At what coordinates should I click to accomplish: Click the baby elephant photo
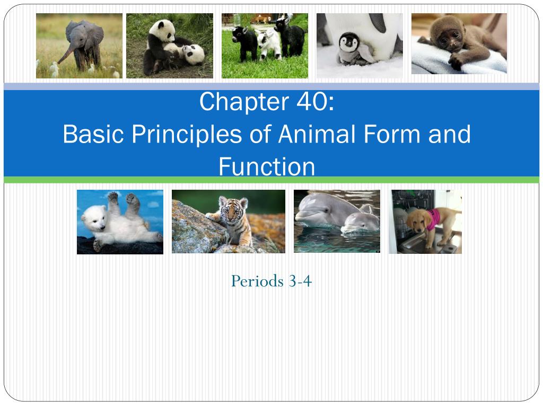79,46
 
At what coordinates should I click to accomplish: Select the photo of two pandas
169,46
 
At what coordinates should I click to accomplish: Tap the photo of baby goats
265,46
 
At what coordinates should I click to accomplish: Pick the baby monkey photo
459,43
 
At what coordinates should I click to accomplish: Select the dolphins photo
337,221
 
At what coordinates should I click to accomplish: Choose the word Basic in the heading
93,135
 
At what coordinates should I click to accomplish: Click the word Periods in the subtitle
257,281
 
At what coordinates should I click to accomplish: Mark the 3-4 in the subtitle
301,281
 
